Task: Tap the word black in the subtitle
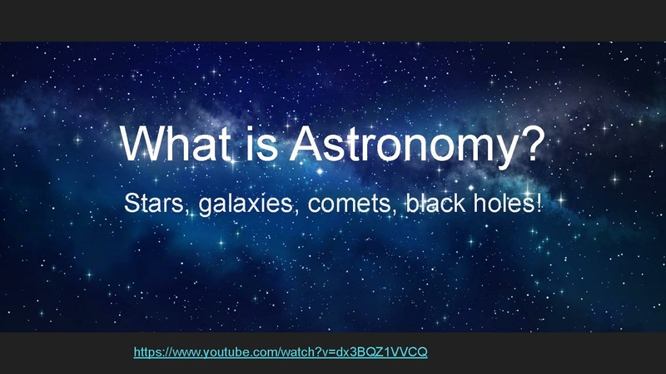point(433,203)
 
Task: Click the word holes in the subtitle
point(501,203)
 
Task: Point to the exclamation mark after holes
point(538,203)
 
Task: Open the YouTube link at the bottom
point(281,352)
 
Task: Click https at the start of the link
point(147,352)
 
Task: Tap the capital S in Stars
point(131,203)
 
